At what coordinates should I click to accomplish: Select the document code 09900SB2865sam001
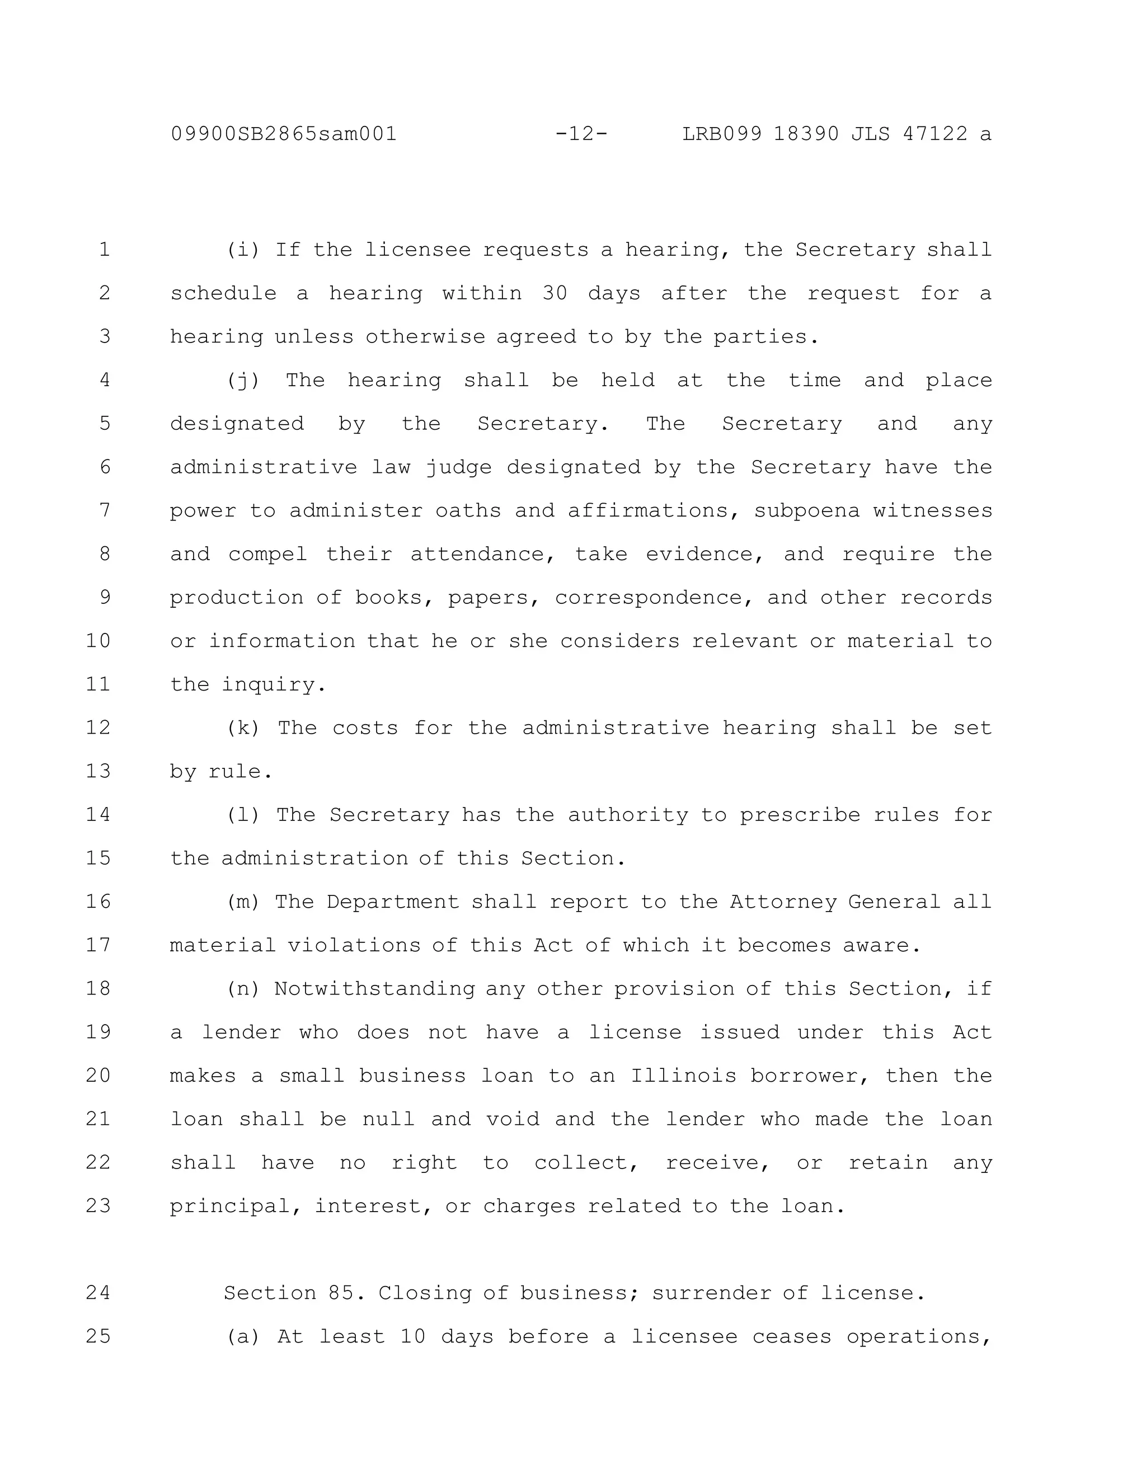click(284, 134)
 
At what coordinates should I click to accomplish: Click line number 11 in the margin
click(98, 684)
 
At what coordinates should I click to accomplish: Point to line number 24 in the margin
click(98, 1292)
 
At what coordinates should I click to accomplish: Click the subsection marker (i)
click(243, 250)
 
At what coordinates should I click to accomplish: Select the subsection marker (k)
click(243, 728)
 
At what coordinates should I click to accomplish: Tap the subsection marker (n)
click(243, 989)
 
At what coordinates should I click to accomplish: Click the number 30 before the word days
click(555, 293)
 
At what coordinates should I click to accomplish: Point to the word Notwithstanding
click(374, 989)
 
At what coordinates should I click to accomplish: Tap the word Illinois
click(684, 1076)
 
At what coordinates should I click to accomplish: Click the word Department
click(392, 902)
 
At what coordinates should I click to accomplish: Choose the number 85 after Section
click(343, 1293)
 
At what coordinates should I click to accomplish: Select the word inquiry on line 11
click(274, 684)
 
